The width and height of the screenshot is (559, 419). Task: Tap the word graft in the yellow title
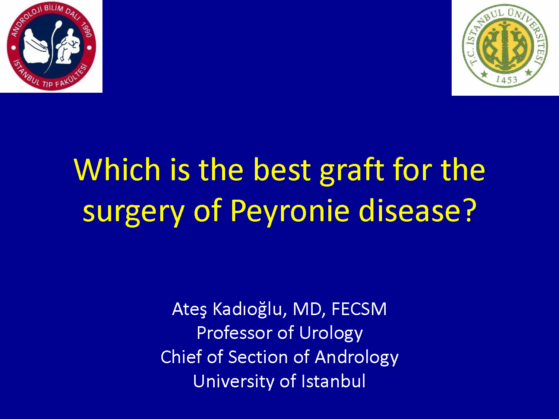(x=352, y=171)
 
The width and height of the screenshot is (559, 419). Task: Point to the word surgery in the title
(x=133, y=213)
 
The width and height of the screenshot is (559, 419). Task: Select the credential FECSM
(x=359, y=309)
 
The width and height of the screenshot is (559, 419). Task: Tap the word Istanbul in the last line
(x=334, y=381)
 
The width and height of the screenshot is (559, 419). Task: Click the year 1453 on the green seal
(x=506, y=80)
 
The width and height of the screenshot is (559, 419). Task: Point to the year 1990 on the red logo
(x=86, y=29)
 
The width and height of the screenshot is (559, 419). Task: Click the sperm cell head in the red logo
(x=59, y=25)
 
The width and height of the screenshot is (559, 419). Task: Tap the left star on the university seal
(x=484, y=74)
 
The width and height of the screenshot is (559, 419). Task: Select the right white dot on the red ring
(x=89, y=48)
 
